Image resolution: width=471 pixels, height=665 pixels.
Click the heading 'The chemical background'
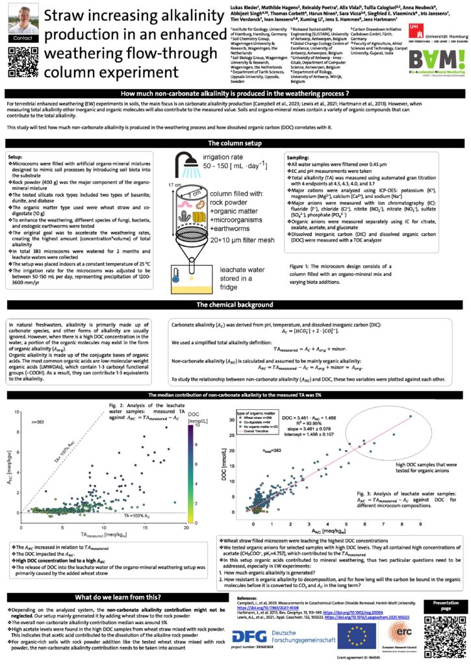(235, 304)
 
